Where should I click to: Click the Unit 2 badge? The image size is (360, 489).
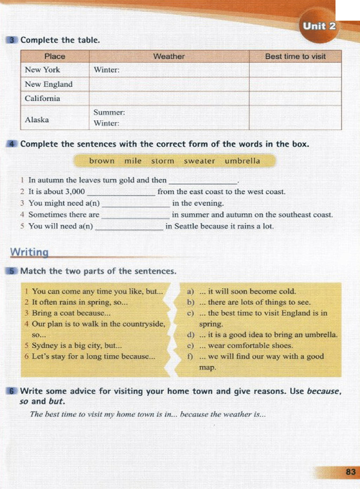pyautogui.click(x=319, y=26)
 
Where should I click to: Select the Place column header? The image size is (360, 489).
pyautogui.click(x=55, y=56)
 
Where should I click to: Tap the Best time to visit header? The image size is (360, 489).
pyautogui.click(x=295, y=56)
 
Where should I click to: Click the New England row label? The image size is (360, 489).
pyautogui.click(x=49, y=84)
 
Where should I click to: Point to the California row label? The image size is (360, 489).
pyautogui.click(x=42, y=99)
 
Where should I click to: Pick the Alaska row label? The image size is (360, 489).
pyautogui.click(x=37, y=120)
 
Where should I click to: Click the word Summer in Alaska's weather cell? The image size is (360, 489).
pyautogui.click(x=109, y=113)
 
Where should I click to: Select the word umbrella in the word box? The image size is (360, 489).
pyautogui.click(x=242, y=161)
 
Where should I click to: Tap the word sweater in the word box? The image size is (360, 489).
pyautogui.click(x=199, y=161)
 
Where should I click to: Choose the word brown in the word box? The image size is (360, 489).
pyautogui.click(x=102, y=161)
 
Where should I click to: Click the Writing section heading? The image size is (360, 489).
pyautogui.click(x=29, y=252)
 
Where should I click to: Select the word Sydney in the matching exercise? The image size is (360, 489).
pyautogui.click(x=44, y=345)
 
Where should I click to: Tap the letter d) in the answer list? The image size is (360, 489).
pyautogui.click(x=191, y=335)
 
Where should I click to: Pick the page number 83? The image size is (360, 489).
pyautogui.click(x=351, y=472)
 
